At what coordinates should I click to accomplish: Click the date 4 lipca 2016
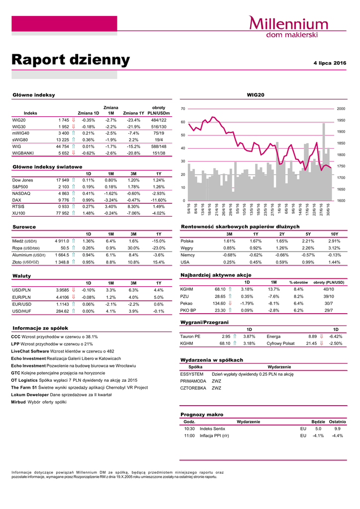[x=330, y=63]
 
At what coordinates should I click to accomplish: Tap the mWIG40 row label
[x=21, y=133]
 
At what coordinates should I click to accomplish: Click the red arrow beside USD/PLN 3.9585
[x=74, y=290]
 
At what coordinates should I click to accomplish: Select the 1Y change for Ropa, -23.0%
[x=158, y=248]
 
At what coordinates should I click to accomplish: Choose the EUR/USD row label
[x=22, y=304]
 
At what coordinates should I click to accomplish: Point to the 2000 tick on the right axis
[x=341, y=108]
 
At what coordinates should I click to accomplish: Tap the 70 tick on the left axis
[x=183, y=108]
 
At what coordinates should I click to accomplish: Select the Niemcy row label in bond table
[x=187, y=255]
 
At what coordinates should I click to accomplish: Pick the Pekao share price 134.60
[x=219, y=303]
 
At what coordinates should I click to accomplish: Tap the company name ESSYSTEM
[x=191, y=374]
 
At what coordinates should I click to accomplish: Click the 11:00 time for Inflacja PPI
[x=189, y=435]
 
